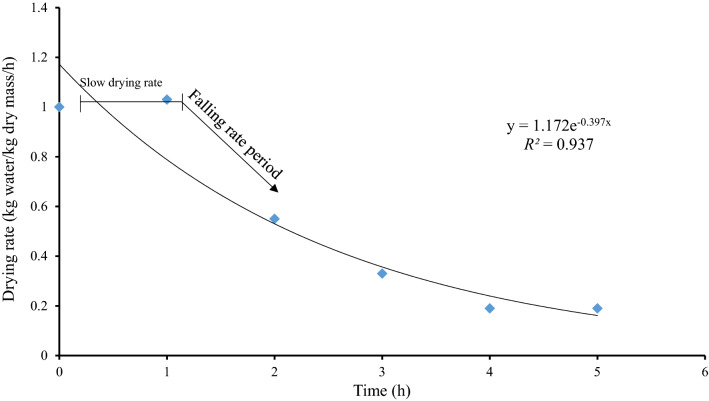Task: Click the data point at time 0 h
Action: (60, 107)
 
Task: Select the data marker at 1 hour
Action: (167, 99)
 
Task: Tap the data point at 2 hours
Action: (275, 218)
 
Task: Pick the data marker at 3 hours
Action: (382, 273)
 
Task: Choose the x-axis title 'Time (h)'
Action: (382, 389)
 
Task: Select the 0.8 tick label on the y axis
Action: (40, 157)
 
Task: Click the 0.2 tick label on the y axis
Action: (40, 305)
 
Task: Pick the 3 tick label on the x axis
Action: (382, 371)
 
